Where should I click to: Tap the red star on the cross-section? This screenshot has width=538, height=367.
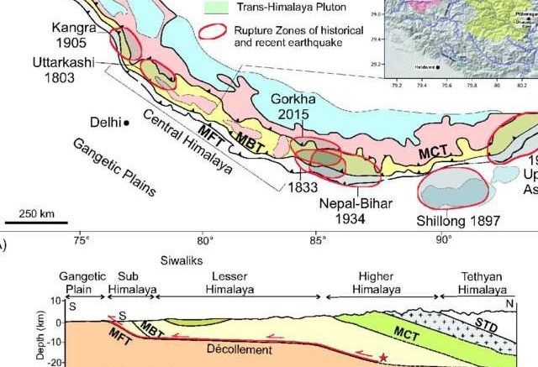pyautogui.click(x=383, y=358)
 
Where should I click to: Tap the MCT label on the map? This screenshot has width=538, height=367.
pyautogui.click(x=434, y=156)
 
